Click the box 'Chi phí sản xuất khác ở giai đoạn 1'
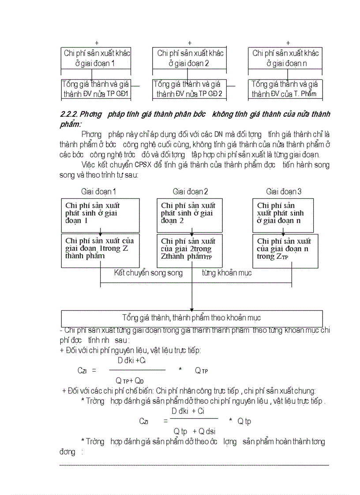coord(96,58)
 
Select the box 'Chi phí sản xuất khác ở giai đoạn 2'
coord(190,58)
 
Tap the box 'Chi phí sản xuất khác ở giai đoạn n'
coord(285,58)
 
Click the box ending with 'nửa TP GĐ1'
coord(96,89)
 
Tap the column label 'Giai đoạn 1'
coord(98,192)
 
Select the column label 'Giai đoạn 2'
coord(190,192)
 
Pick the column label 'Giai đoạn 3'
coord(284,192)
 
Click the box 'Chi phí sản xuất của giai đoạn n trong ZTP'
coord(285,251)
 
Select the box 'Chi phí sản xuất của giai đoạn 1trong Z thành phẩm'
coord(100,250)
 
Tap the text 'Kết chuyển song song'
coord(148,273)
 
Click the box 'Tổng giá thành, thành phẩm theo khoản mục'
coord(191,318)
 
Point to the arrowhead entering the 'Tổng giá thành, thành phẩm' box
coord(191,308)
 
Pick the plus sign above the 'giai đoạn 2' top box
coord(190,43)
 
